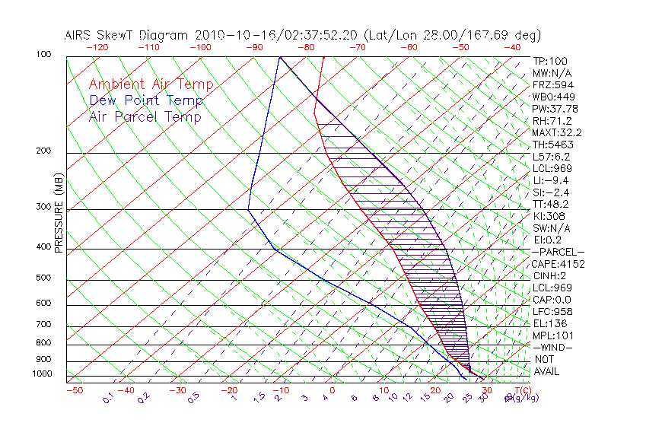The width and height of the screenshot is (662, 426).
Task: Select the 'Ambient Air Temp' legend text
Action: (151, 84)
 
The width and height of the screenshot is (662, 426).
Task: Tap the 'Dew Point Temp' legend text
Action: (146, 100)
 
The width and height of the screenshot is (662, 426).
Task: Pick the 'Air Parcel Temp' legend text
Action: (145, 116)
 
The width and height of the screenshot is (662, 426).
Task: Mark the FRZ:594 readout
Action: (552, 84)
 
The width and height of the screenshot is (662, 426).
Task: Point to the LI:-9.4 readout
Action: (550, 180)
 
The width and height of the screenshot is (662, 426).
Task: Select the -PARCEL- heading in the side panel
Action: (559, 252)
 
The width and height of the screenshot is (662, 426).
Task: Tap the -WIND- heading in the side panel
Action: (553, 347)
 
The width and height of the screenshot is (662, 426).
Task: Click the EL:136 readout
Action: (549, 323)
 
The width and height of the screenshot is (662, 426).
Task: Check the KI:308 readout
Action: (548, 216)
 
